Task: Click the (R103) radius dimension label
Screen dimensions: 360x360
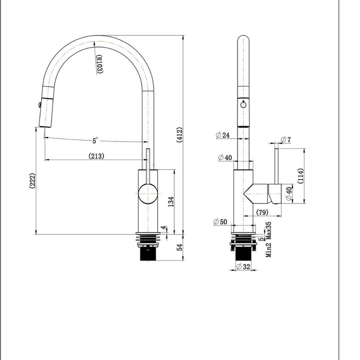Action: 99,64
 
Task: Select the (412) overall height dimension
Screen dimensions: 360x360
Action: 179,134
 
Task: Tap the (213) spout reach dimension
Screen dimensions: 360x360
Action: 96,156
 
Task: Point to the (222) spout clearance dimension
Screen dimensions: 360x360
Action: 32,180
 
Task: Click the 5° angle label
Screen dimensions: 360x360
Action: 95,140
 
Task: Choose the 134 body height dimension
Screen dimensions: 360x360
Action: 171,201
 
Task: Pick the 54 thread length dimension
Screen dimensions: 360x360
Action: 179,247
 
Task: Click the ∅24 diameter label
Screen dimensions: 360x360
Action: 222,135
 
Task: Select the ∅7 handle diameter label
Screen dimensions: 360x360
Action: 286,139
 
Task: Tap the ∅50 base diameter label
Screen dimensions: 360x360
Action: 220,222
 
